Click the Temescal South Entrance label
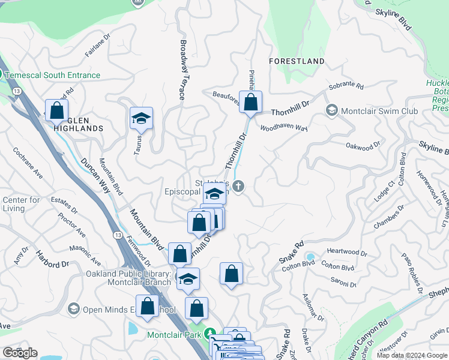pos(53,76)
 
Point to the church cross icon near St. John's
pos(238,186)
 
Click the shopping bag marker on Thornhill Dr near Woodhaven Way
pos(251,103)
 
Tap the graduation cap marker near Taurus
pos(141,118)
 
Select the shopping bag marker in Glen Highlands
pos(56,110)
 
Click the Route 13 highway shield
pos(17,91)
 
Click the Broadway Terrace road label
pos(181,70)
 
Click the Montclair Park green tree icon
pos(209,333)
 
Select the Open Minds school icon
pos(74,309)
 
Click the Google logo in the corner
pos(19,353)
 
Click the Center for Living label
pos(22,204)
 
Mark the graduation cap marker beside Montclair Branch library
pos(188,280)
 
